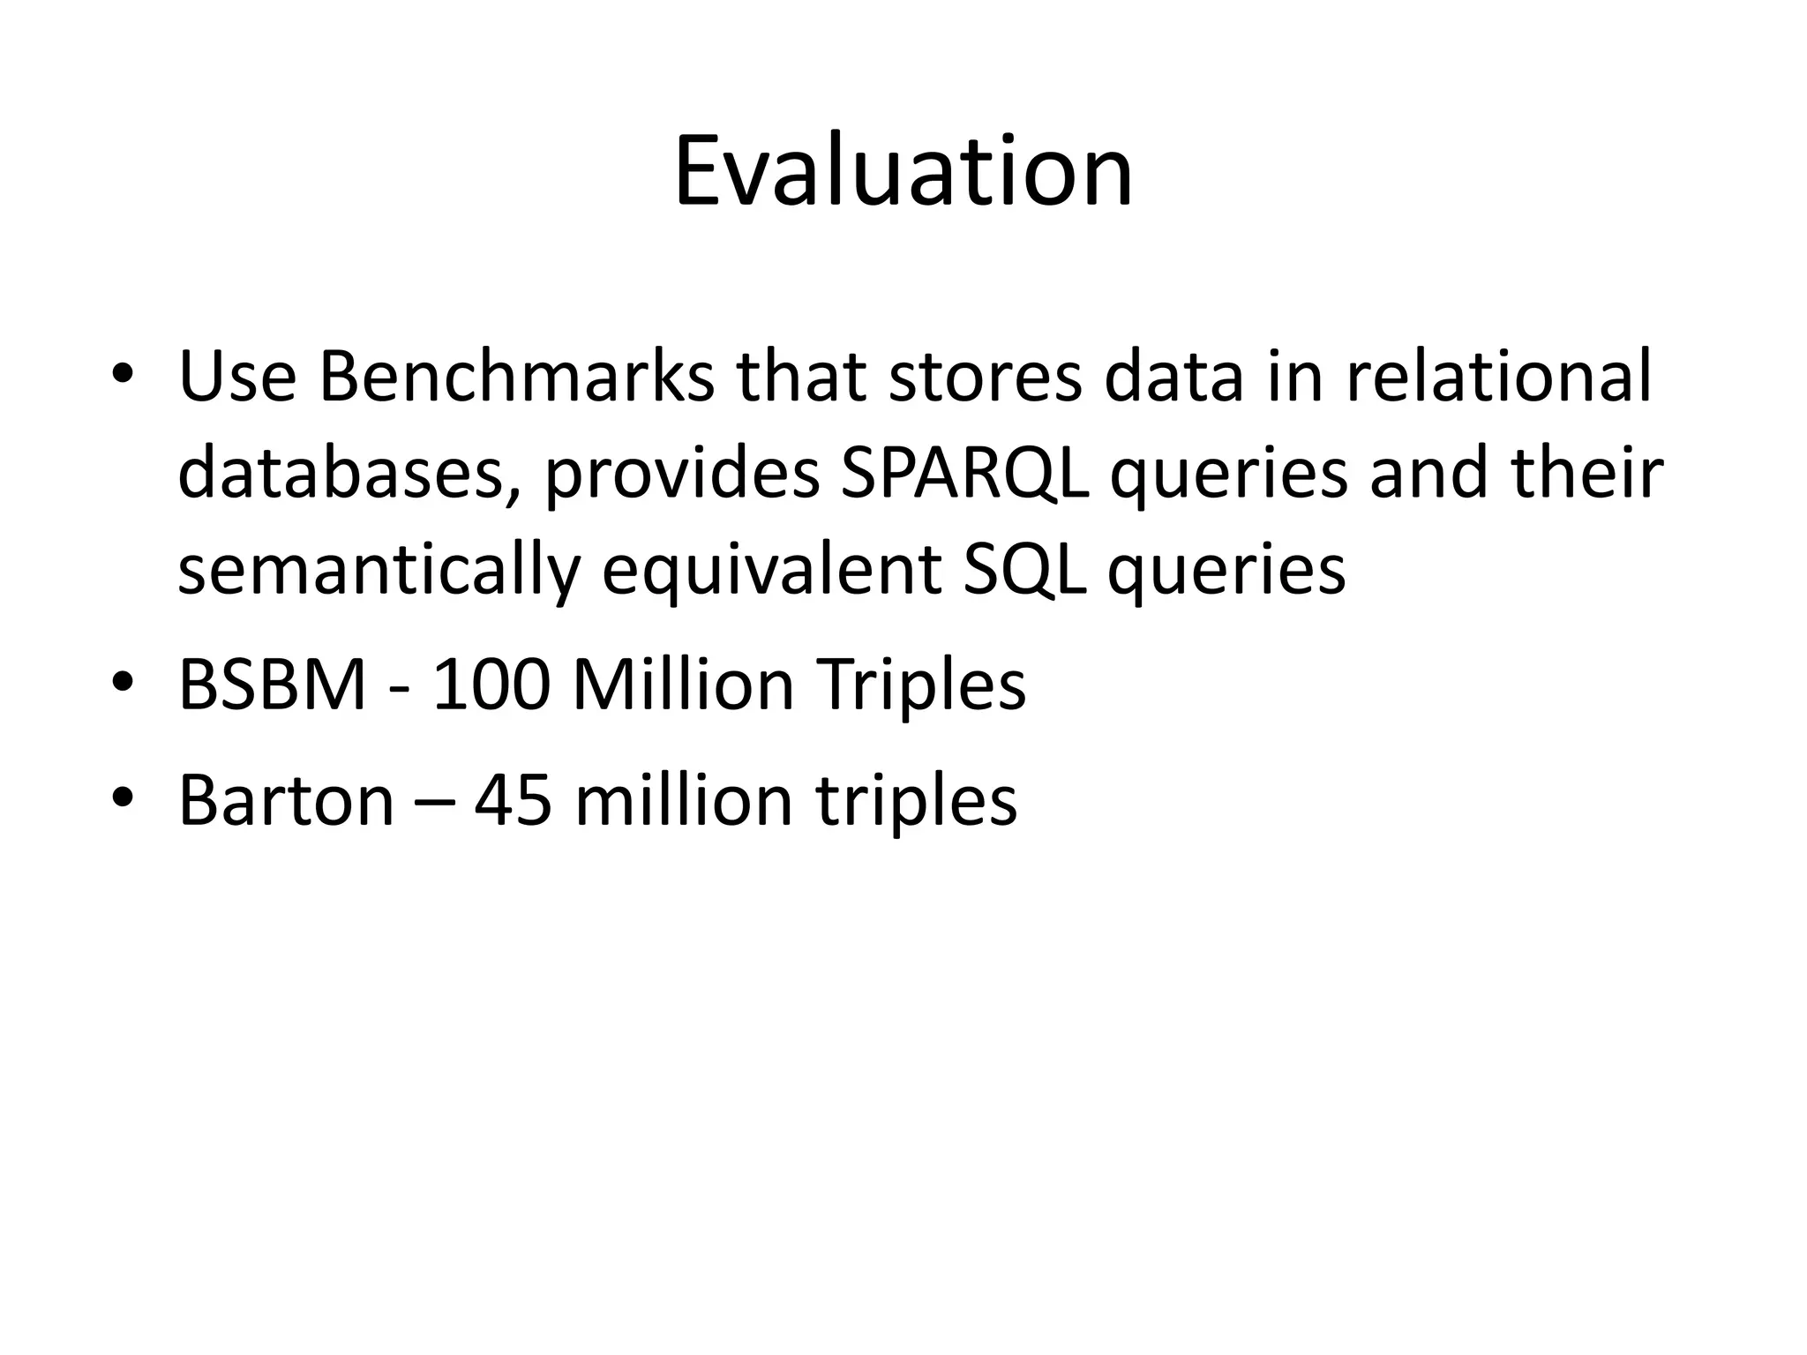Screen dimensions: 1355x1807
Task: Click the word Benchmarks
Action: [x=516, y=377]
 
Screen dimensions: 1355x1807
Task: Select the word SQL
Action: [x=1023, y=570]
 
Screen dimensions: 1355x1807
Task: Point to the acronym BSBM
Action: [x=272, y=685]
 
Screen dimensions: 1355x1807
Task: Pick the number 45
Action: [x=513, y=800]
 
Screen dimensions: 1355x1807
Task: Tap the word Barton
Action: [x=286, y=800]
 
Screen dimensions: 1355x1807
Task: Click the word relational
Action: [x=1497, y=377]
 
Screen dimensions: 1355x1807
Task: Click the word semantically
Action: [x=378, y=570]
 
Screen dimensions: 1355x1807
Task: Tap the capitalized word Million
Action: [x=683, y=685]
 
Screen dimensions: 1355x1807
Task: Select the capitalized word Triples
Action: [x=920, y=685]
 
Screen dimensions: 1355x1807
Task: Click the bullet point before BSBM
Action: [x=123, y=683]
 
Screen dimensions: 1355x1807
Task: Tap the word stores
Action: [x=985, y=377]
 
